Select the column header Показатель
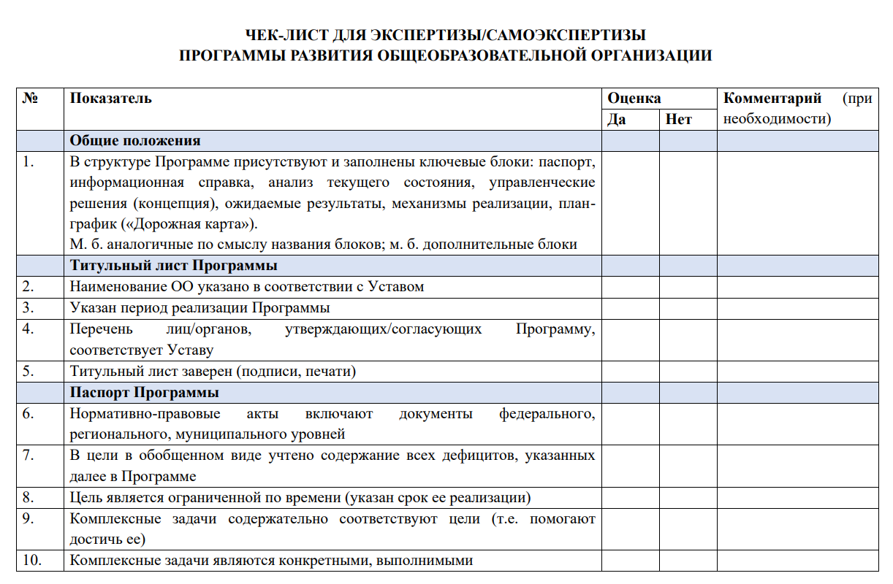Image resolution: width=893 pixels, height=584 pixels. click(111, 98)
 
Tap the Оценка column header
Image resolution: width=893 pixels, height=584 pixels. click(634, 98)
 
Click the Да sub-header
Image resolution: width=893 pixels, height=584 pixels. click(617, 119)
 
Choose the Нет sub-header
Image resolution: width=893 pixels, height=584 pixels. click(679, 119)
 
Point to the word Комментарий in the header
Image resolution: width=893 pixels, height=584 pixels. click(772, 98)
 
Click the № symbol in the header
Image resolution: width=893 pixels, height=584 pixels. click(30, 98)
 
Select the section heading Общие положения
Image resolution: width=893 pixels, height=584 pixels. click(135, 140)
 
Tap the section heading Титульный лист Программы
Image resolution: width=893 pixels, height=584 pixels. click(173, 265)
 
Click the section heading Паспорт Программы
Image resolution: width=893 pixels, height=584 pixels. click(145, 393)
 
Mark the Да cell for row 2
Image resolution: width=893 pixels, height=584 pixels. click(630, 286)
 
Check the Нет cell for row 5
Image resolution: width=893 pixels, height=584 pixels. click(688, 372)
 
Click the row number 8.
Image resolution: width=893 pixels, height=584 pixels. click(28, 498)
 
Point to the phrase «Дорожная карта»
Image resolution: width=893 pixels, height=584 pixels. click(194, 223)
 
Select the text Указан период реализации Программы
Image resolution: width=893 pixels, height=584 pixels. click(199, 307)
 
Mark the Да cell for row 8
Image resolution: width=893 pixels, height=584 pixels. click(630, 498)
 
